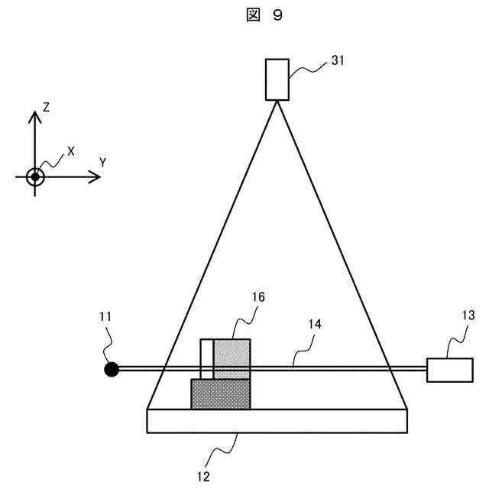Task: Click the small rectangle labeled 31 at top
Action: [277, 79]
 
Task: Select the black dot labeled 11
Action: [112, 370]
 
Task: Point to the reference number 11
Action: [105, 315]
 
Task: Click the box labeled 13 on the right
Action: [449, 370]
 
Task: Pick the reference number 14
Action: [314, 324]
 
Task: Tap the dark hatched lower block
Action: [220, 394]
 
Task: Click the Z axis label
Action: [47, 108]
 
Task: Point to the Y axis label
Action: [102, 161]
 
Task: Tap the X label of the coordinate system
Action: [71, 151]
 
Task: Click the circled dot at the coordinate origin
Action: [34, 177]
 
